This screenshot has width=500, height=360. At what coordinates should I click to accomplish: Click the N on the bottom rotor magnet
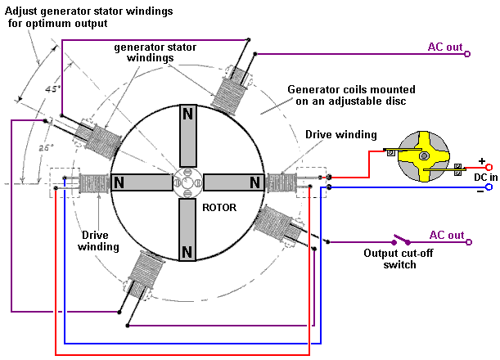[187, 250]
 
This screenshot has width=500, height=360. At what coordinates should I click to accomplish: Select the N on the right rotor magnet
[255, 182]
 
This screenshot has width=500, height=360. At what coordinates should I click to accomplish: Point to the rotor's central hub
[187, 182]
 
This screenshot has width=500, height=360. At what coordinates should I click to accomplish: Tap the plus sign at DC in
[481, 161]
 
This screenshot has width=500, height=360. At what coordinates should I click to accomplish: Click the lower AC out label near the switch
[447, 235]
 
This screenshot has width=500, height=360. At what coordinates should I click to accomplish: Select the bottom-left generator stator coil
[146, 274]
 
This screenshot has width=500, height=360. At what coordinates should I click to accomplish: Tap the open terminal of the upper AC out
[467, 55]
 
